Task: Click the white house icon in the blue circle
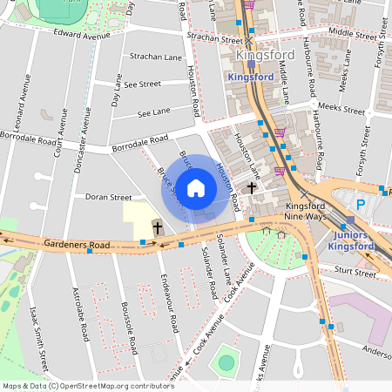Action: [x=196, y=188]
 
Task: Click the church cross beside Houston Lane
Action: [x=252, y=187]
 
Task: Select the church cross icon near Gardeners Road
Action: [x=158, y=228]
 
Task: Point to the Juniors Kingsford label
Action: [x=357, y=240]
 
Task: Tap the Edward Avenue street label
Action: [x=84, y=35]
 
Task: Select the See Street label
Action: [x=142, y=84]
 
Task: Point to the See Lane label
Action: [x=154, y=113]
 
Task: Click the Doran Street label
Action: [x=108, y=198]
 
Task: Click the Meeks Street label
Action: [x=341, y=109]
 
